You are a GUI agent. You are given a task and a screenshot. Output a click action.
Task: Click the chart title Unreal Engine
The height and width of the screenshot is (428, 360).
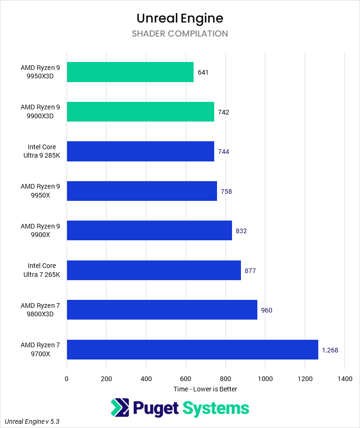pyautogui.click(x=180, y=18)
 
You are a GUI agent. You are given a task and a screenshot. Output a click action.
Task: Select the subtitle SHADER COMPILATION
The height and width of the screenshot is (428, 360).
pyautogui.click(x=180, y=34)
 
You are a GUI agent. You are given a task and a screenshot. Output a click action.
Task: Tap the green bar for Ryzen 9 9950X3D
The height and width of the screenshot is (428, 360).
pyautogui.click(x=130, y=72)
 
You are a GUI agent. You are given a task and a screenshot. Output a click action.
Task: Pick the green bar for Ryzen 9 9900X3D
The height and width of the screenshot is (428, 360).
pyautogui.click(x=140, y=112)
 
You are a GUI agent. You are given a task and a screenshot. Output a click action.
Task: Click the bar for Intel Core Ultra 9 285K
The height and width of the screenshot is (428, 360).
pyautogui.click(x=140, y=151)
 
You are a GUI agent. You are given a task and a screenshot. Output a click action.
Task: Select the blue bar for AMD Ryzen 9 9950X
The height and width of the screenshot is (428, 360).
pyautogui.click(x=142, y=191)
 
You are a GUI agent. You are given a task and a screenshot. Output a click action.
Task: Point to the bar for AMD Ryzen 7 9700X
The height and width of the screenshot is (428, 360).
pyautogui.click(x=192, y=349)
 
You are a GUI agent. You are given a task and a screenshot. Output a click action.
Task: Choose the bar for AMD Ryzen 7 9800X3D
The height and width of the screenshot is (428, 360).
pyautogui.click(x=162, y=310)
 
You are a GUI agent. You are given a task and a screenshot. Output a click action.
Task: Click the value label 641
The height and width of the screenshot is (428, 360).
pyautogui.click(x=203, y=72)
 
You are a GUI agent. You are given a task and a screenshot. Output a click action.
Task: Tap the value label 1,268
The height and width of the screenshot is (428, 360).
pyautogui.click(x=330, y=350)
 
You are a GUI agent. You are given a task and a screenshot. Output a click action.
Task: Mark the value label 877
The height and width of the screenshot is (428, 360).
pyautogui.click(x=250, y=271)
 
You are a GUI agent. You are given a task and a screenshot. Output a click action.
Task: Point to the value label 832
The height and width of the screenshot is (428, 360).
pyautogui.click(x=241, y=231)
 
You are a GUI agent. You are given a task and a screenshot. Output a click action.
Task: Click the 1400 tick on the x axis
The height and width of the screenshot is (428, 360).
pyautogui.click(x=344, y=379)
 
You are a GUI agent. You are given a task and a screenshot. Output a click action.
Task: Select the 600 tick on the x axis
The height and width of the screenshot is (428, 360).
pyautogui.click(x=186, y=379)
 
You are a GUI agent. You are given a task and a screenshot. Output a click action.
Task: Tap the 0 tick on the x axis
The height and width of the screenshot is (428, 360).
pyautogui.click(x=67, y=379)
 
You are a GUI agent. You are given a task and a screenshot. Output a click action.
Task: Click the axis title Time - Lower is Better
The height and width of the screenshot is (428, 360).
pyautogui.click(x=205, y=389)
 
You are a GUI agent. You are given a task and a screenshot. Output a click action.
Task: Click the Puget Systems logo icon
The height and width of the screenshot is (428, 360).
pyautogui.click(x=120, y=408)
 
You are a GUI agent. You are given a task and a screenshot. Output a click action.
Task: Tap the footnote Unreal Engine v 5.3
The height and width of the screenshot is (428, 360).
pyautogui.click(x=32, y=422)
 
